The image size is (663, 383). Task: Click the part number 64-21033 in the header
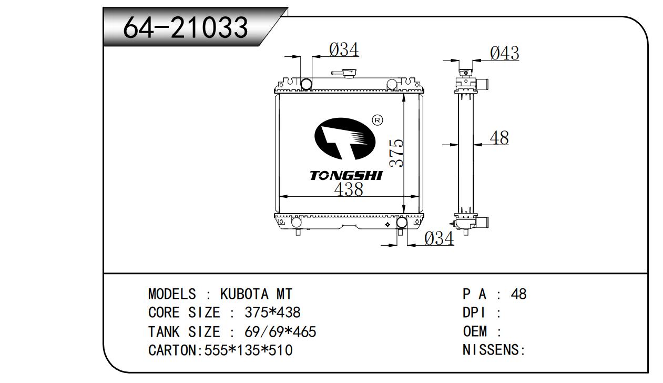[185, 27]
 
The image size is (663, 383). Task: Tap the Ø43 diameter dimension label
[504, 53]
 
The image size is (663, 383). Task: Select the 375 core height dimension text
[396, 153]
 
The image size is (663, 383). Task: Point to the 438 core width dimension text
[349, 189]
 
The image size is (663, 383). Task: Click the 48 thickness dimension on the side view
[499, 138]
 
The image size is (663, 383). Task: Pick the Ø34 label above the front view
[344, 49]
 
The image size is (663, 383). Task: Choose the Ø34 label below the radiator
[439, 238]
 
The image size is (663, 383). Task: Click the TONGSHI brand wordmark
[346, 176]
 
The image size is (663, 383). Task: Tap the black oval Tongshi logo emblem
[344, 138]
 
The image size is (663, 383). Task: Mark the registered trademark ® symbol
[377, 120]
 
